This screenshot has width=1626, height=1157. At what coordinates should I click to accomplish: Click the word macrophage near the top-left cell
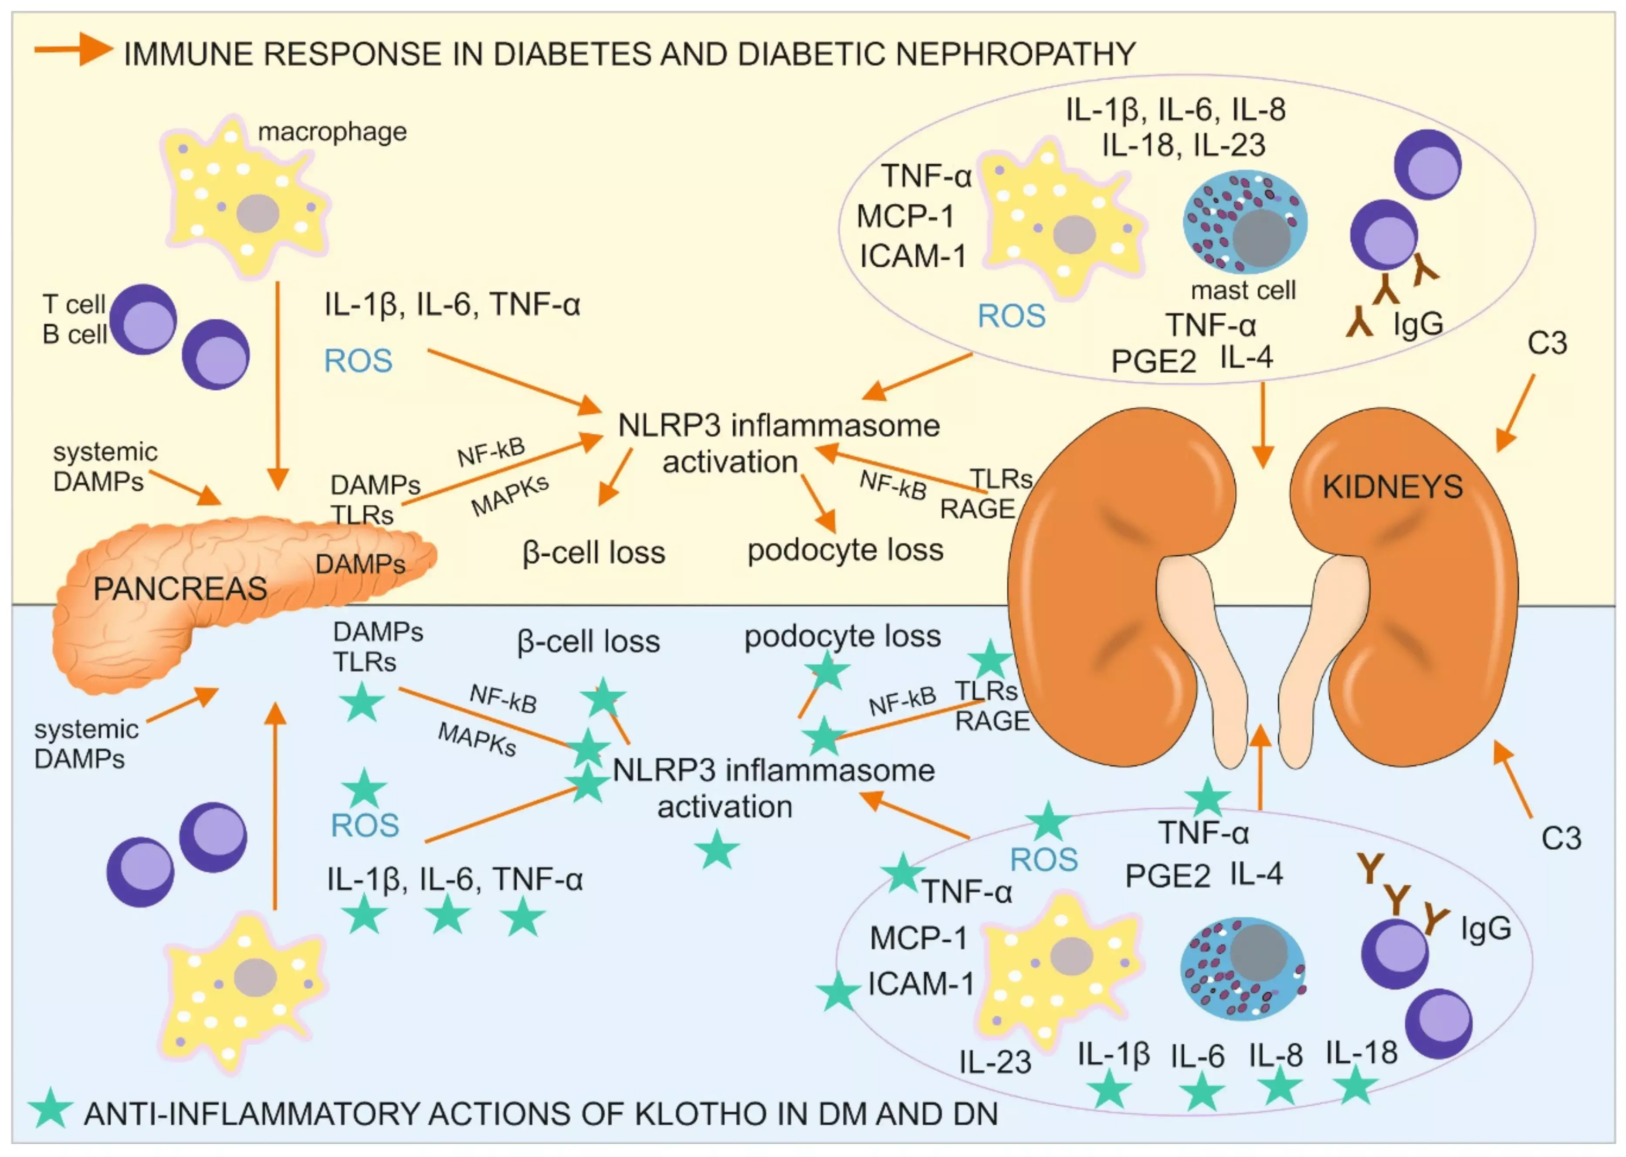tap(332, 132)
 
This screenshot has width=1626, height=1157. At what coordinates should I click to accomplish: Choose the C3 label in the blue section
tap(1561, 839)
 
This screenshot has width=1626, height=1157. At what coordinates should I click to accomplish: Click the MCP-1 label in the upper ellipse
tap(905, 217)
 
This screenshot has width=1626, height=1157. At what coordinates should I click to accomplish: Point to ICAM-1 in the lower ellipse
tap(921, 984)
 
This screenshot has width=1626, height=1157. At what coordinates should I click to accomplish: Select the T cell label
tap(74, 304)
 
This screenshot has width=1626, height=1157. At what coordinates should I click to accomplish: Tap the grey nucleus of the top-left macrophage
tap(257, 213)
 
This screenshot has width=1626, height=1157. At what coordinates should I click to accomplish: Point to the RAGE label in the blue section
tap(992, 721)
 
